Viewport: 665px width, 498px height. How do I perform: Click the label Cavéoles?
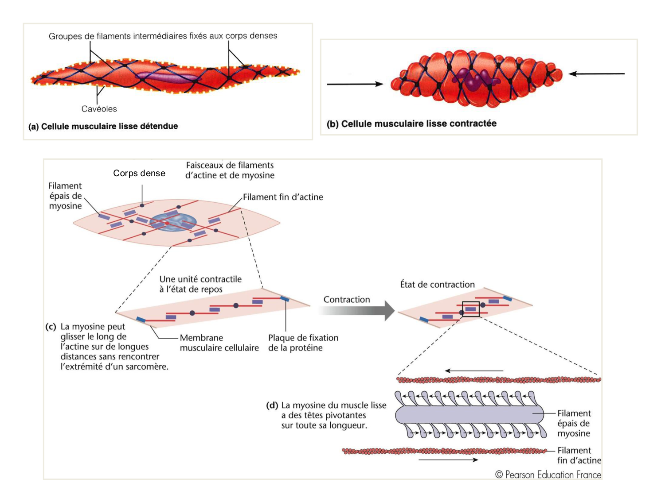99,109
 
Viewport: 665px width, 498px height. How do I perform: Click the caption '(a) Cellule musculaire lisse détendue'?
103,127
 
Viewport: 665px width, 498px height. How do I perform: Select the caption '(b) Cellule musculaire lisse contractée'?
411,124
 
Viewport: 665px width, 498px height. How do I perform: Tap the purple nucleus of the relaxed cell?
168,77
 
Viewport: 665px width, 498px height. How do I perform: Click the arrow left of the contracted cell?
355,84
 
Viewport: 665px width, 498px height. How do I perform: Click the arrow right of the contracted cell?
597,74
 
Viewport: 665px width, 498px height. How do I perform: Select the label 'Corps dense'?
139,174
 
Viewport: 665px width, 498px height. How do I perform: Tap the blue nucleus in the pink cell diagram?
173,222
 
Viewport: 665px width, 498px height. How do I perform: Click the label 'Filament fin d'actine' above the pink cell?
283,197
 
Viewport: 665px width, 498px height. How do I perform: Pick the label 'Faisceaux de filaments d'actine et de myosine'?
230,170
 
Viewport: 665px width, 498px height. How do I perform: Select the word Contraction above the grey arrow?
347,300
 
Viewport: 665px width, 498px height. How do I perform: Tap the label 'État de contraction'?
437,285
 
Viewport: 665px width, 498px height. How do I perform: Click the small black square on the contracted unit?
471,309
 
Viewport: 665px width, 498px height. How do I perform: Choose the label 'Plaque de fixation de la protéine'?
303,343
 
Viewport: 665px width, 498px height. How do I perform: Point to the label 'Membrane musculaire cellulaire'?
219,343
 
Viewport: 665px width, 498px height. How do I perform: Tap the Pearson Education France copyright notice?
548,475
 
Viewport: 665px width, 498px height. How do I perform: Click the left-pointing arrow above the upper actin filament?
474,371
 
